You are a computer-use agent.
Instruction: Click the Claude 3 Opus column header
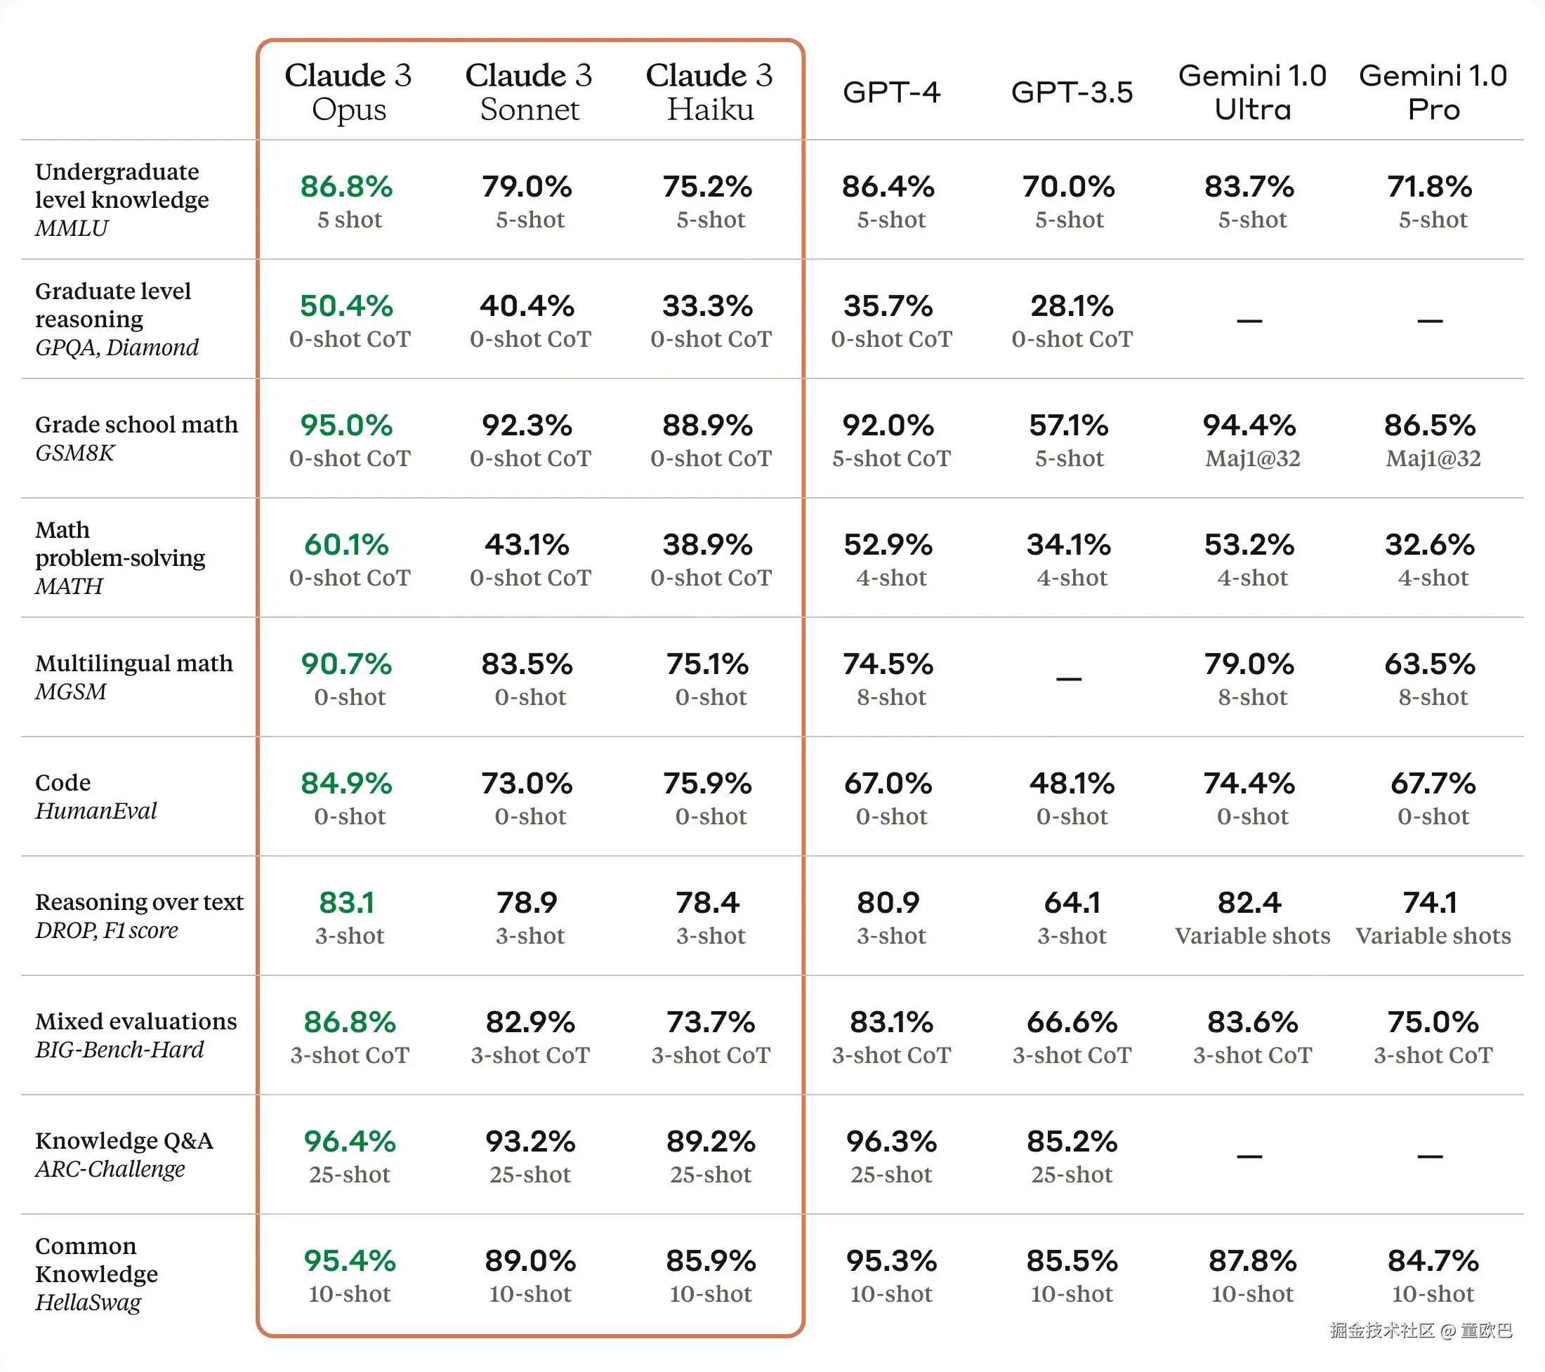click(x=348, y=92)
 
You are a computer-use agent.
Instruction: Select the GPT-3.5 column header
click(x=1072, y=92)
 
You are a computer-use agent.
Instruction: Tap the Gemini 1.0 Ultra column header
click(x=1251, y=92)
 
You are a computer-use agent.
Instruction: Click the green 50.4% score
click(x=346, y=306)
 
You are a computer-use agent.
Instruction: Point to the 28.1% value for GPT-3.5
click(x=1072, y=306)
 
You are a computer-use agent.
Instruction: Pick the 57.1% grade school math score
click(x=1069, y=426)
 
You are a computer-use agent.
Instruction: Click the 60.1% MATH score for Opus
click(x=346, y=545)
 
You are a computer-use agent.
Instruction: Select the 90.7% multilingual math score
click(x=346, y=664)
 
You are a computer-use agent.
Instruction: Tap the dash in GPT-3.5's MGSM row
click(x=1069, y=679)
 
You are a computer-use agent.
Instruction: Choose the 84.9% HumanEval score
click(x=346, y=784)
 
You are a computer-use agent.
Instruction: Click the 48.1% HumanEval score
click(x=1072, y=784)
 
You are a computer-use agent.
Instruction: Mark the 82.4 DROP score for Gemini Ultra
click(x=1249, y=904)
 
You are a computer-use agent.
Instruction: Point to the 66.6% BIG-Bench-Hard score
click(x=1072, y=1023)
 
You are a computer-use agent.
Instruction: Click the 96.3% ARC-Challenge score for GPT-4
click(x=891, y=1142)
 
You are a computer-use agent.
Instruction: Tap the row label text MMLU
click(x=72, y=228)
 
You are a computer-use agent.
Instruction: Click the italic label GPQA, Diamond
click(x=117, y=348)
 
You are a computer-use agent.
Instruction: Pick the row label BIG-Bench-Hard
click(x=119, y=1050)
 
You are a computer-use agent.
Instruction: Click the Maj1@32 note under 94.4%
click(x=1252, y=459)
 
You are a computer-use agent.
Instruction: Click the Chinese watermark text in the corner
click(x=1421, y=1331)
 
